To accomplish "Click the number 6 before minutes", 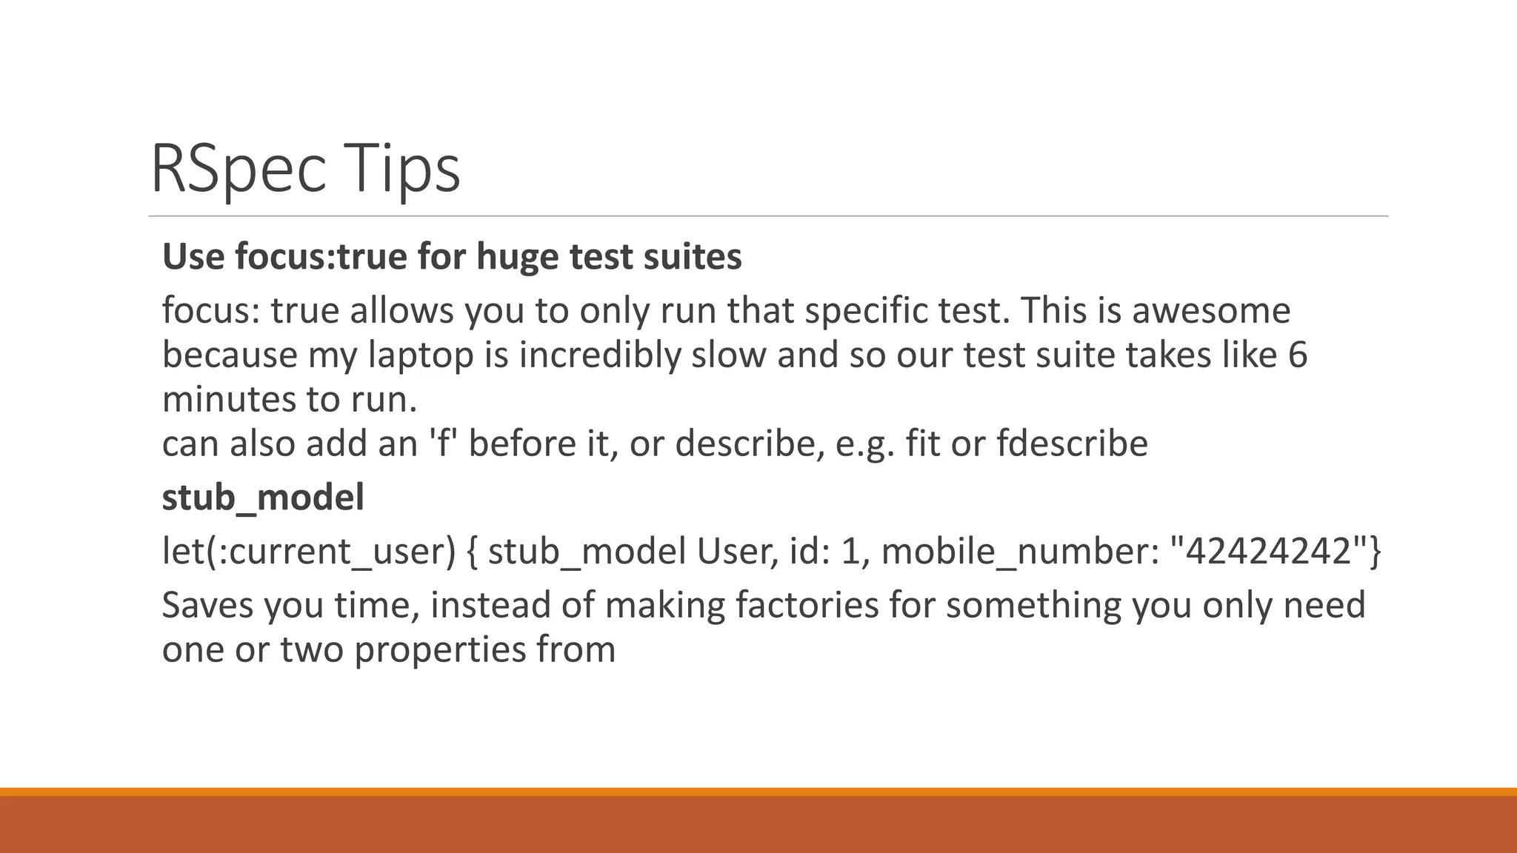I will [x=1298, y=355].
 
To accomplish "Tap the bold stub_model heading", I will [x=263, y=497].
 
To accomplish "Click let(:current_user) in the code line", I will [x=309, y=552].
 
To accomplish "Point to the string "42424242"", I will [x=1268, y=552].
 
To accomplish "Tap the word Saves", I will [x=207, y=605].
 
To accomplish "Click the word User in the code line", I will [x=737, y=552].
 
